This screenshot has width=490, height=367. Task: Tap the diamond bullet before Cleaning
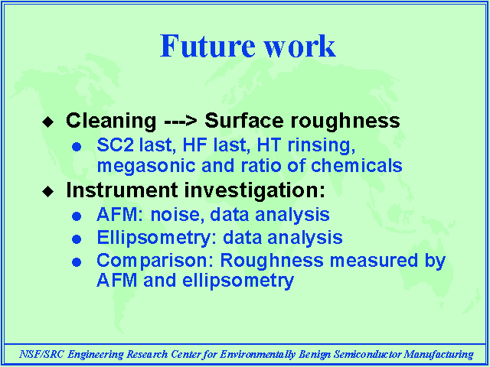[x=47, y=122]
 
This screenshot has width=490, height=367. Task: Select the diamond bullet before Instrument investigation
[x=47, y=191]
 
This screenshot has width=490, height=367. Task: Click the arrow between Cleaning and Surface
[x=181, y=121]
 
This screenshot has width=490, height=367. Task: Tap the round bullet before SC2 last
[x=77, y=146]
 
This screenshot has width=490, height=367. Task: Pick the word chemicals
[x=357, y=165]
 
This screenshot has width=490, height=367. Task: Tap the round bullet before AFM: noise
[x=77, y=216]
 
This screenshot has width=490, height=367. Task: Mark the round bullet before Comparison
[x=77, y=262]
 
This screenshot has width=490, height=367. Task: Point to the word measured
[x=374, y=260]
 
